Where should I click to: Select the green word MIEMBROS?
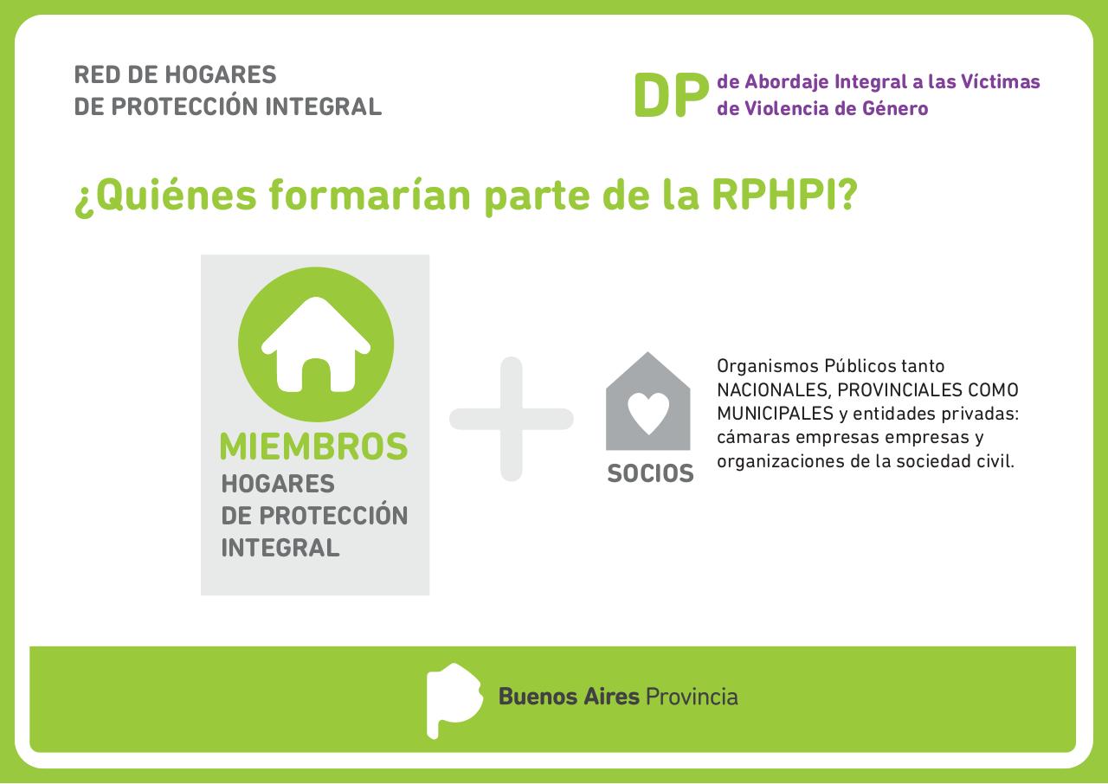[313, 447]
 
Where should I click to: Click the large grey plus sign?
[512, 419]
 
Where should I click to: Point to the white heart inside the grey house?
[648, 413]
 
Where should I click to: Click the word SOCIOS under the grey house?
[650, 474]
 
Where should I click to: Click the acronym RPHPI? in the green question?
[784, 196]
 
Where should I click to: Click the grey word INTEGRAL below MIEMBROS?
[280, 548]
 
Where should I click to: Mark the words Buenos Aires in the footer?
[569, 697]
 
